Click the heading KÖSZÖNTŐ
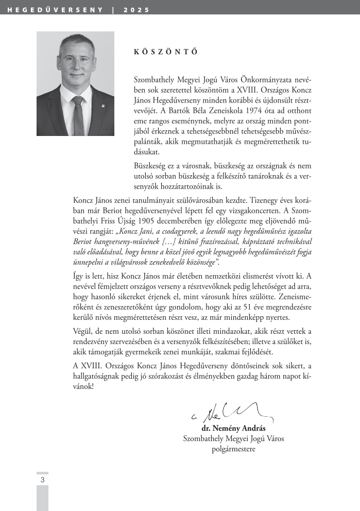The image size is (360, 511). click(x=158, y=52)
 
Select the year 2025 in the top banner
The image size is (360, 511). click(x=136, y=10)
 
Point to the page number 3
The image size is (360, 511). click(x=42, y=480)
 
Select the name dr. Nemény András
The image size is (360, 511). click(x=236, y=429)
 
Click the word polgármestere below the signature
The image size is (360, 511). click(x=233, y=449)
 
